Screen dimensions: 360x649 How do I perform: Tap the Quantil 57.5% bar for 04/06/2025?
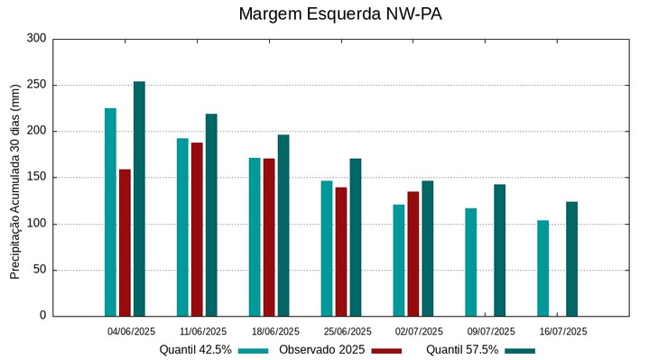tap(139, 198)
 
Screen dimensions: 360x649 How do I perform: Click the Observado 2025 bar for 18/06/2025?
tap(269, 236)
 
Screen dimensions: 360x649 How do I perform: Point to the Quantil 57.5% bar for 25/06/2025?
tap(356, 236)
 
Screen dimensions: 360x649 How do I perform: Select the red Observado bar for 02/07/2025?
tap(413, 254)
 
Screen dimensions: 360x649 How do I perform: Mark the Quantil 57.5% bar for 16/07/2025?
tap(572, 258)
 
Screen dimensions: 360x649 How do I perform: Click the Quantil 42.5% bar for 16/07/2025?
tap(543, 268)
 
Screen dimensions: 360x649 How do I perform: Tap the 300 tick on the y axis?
tap(37, 39)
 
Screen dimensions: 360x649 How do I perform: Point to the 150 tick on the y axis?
tap(37, 178)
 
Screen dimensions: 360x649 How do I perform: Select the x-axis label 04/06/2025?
tap(132, 331)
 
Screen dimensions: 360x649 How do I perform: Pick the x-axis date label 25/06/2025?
tap(348, 331)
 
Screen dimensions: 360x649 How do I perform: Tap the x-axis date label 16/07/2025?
tap(563, 331)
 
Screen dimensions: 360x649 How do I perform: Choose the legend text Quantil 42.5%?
tap(196, 349)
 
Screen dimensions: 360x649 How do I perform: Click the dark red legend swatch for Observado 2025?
tap(386, 350)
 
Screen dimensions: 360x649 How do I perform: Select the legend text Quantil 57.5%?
tap(462, 349)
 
